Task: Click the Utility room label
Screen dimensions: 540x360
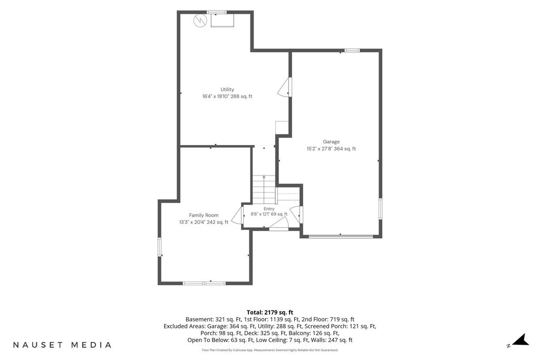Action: point(227,90)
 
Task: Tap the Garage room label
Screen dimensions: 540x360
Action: point(331,141)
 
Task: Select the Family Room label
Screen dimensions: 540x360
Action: point(204,215)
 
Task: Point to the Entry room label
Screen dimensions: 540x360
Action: point(269,209)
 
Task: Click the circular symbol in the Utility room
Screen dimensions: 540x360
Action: point(199,21)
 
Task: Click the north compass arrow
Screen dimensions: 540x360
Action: point(520,339)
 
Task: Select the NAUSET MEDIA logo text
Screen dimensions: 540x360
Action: point(62,345)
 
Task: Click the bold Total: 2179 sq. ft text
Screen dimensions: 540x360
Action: point(269,313)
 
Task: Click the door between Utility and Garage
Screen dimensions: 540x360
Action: point(285,87)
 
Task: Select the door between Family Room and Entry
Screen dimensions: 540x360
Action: point(236,216)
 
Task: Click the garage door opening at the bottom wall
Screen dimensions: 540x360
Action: point(341,236)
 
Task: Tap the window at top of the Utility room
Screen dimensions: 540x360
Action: point(217,13)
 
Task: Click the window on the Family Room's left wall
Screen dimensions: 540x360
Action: point(160,247)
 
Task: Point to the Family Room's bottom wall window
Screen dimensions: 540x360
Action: point(204,283)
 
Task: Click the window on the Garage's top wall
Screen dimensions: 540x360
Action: point(352,51)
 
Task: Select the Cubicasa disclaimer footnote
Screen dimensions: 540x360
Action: point(270,351)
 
